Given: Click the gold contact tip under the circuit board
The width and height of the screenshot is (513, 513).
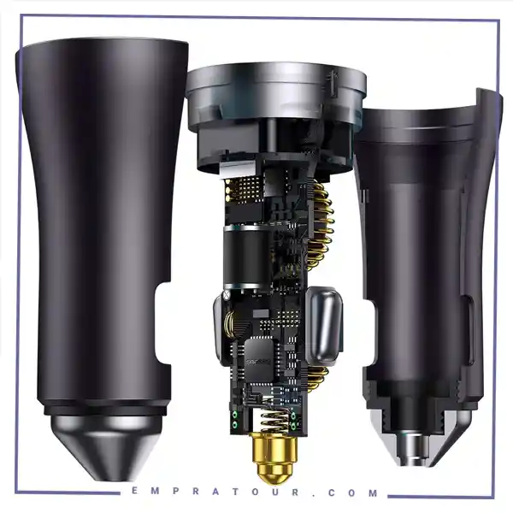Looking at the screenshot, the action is (x=274, y=457).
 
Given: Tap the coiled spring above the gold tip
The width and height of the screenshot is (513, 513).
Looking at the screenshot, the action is (x=274, y=422).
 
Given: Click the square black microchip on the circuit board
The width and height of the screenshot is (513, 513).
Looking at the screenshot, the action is (x=259, y=360).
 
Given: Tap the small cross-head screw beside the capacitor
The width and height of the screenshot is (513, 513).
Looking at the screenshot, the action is (x=226, y=294).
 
